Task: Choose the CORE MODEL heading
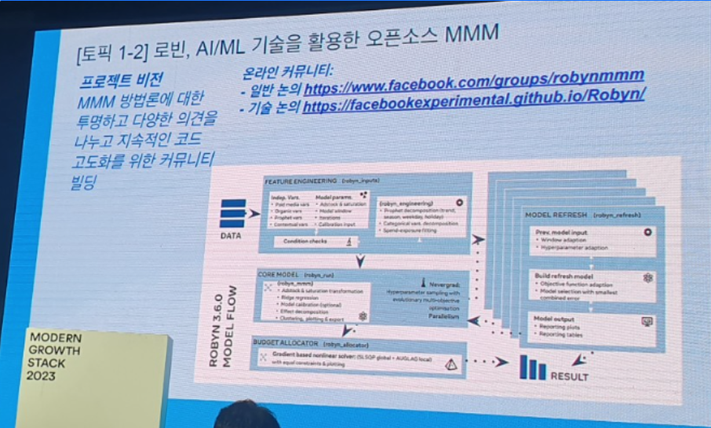(281, 275)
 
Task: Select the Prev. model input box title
(561, 232)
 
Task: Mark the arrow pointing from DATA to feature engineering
(253, 212)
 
